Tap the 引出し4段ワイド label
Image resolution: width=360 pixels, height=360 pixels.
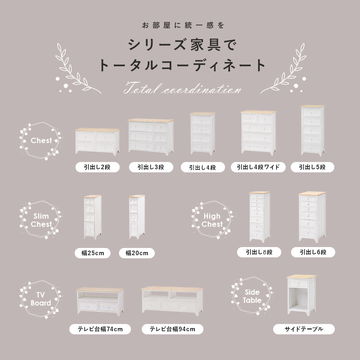258,167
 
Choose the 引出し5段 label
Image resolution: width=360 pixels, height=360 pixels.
313,167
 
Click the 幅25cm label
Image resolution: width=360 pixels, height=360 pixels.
93,253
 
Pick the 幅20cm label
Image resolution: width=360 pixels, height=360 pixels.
137,253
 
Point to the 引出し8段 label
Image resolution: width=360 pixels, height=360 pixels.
259,252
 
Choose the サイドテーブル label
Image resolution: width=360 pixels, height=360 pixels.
304,329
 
